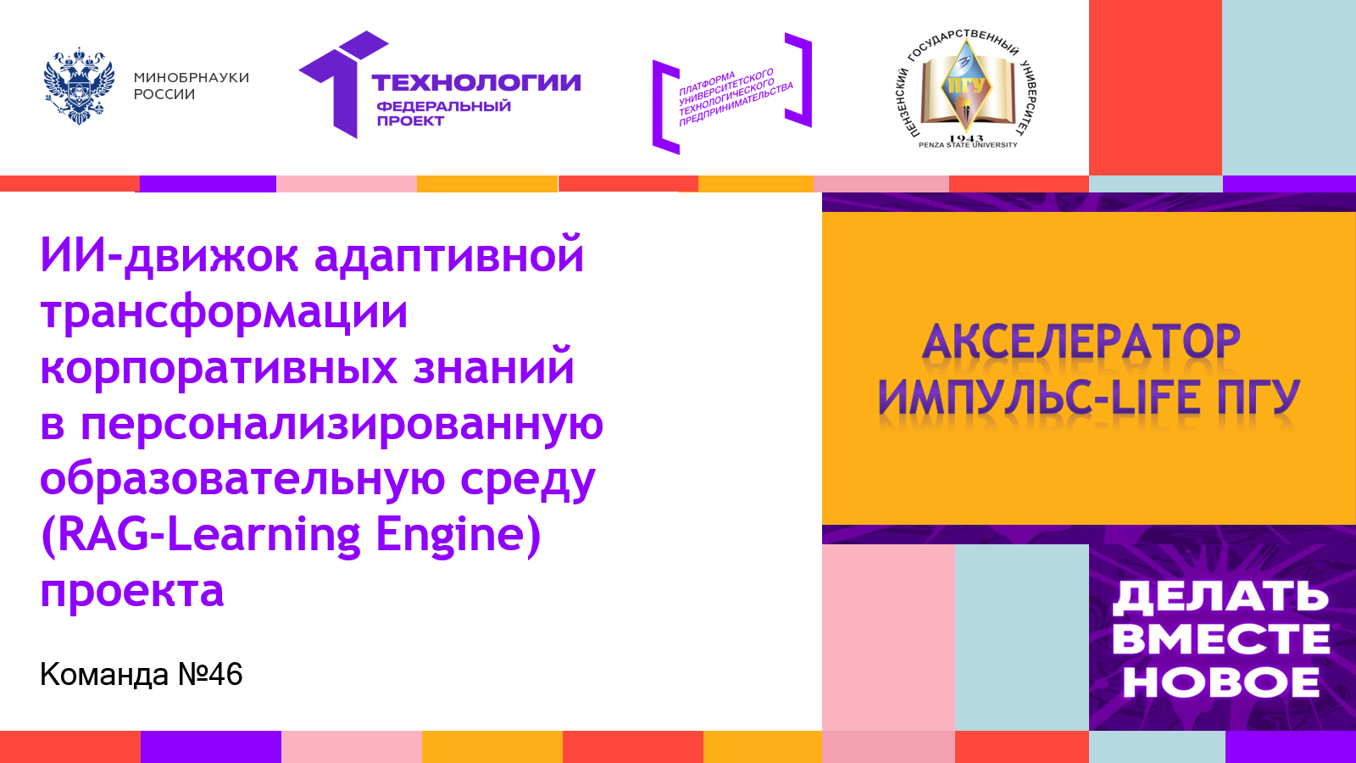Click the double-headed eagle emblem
(80, 86)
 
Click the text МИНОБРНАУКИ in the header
(192, 77)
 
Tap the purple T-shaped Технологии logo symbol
(344, 84)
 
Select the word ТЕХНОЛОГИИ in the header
(475, 82)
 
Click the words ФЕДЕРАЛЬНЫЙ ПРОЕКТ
(444, 114)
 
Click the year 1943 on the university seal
(967, 139)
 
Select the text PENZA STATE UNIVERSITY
(968, 145)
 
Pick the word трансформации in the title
(224, 312)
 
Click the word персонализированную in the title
(342, 424)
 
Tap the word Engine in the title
(458, 535)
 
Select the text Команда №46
(141, 674)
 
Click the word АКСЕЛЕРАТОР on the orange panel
(1081, 342)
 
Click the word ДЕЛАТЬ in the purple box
(1220, 597)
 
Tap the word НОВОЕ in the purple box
(1221, 682)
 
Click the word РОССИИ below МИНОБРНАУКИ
(164, 94)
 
